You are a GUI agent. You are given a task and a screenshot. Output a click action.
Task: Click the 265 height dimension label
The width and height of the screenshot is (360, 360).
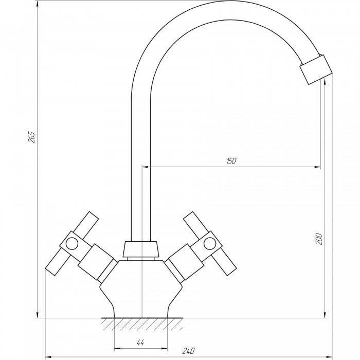point(32,137)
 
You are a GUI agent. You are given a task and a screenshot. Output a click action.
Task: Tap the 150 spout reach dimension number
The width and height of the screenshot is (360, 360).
point(231,161)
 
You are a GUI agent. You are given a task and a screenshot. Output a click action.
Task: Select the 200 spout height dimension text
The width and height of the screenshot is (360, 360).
point(319,239)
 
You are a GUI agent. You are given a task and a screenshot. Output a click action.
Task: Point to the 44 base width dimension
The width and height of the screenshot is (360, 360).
point(140,343)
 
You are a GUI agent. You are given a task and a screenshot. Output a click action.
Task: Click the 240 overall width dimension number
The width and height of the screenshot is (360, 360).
point(189,351)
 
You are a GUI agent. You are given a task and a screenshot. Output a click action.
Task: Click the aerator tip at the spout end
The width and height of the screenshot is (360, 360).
point(316,69)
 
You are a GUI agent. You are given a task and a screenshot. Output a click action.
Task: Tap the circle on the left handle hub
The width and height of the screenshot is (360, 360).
point(71,244)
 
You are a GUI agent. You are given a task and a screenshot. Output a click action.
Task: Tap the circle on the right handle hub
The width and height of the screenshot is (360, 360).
point(210,243)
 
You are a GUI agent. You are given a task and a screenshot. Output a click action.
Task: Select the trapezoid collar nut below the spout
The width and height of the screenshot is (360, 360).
point(140,249)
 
